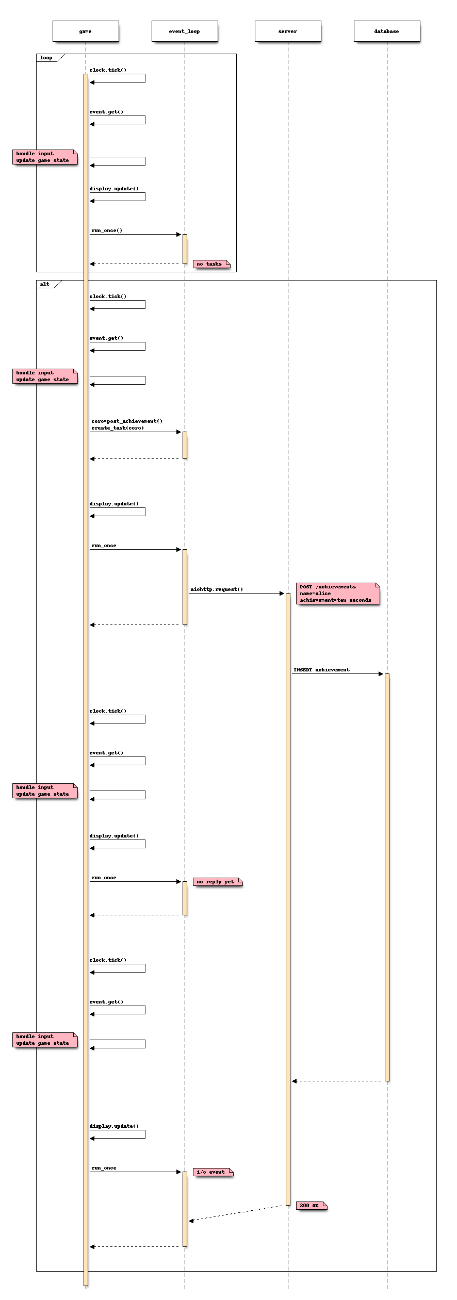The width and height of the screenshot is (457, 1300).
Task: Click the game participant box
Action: pyautogui.click(x=86, y=31)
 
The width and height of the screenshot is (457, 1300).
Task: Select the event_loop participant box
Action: pyautogui.click(x=185, y=31)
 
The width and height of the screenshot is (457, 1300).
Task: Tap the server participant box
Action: pyautogui.click(x=288, y=31)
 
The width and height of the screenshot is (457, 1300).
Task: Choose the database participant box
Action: pyautogui.click(x=387, y=31)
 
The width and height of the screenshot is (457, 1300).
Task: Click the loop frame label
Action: pyautogui.click(x=46, y=58)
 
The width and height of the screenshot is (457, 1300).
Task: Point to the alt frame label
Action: pyautogui.click(x=45, y=284)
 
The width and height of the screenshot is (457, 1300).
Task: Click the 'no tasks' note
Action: pyautogui.click(x=210, y=264)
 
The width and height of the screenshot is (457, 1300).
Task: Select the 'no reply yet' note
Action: pyautogui.click(x=217, y=882)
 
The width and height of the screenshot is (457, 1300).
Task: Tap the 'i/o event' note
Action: pyautogui.click(x=212, y=1172)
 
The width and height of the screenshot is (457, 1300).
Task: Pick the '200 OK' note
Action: pyautogui.click(x=311, y=1206)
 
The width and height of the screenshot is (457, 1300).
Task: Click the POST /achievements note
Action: pyautogui.click(x=337, y=594)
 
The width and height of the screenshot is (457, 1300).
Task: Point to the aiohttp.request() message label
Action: pyautogui.click(x=217, y=589)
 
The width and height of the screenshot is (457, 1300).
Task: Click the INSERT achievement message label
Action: pyautogui.click(x=321, y=670)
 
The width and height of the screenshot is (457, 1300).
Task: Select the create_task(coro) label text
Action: pyautogui.click(x=118, y=428)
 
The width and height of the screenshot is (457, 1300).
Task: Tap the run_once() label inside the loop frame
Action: pyautogui.click(x=107, y=231)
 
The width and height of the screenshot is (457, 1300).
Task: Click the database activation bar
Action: pyautogui.click(x=387, y=877)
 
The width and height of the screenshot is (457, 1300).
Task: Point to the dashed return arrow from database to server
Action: pyautogui.click(x=338, y=1081)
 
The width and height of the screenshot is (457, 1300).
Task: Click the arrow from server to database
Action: pyautogui.click(x=337, y=674)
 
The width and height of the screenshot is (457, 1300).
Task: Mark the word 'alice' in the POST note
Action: pyautogui.click(x=323, y=594)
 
